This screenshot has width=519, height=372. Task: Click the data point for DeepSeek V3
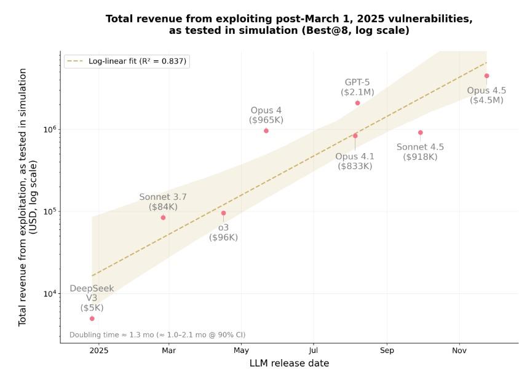pyautogui.click(x=92, y=319)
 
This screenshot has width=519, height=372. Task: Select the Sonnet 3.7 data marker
pyautogui.click(x=163, y=218)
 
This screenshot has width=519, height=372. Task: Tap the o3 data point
pyautogui.click(x=223, y=213)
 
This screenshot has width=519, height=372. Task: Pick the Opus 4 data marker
pyautogui.click(x=266, y=130)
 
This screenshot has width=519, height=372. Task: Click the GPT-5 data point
pyautogui.click(x=357, y=103)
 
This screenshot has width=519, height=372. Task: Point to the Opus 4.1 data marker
pyautogui.click(x=355, y=136)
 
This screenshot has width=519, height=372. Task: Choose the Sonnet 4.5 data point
pyautogui.click(x=421, y=132)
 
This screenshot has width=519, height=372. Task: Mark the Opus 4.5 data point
pyautogui.click(x=486, y=76)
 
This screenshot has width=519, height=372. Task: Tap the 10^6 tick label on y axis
pyautogui.click(x=50, y=129)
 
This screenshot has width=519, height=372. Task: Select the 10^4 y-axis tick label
pyautogui.click(x=50, y=293)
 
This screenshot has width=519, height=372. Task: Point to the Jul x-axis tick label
pyautogui.click(x=313, y=350)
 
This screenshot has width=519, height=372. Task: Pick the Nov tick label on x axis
pyautogui.click(x=459, y=350)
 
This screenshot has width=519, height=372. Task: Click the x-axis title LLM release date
pyautogui.click(x=289, y=363)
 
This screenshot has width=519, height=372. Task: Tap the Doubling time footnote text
pyautogui.click(x=157, y=335)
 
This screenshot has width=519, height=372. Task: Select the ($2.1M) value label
pyautogui.click(x=357, y=92)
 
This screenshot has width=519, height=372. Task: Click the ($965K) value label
pyautogui.click(x=266, y=120)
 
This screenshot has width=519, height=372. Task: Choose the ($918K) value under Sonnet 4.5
pyautogui.click(x=420, y=157)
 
